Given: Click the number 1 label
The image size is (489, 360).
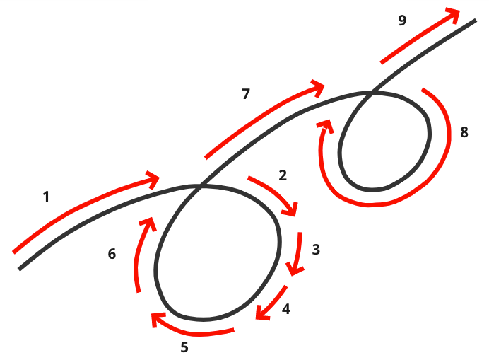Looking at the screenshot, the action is tap(46, 197).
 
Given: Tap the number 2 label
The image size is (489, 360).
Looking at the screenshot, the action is tap(283, 175).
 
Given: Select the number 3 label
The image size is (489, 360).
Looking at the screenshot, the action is tap(316, 249).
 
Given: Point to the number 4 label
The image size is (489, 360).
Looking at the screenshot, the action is tap(285, 309).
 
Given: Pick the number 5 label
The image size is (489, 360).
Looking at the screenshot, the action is tap(184, 347).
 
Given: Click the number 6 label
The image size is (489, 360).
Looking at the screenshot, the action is tap(112, 254).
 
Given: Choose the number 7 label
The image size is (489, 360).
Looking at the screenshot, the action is tap(246, 93).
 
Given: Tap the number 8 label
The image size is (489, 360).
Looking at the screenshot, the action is tap(464, 132).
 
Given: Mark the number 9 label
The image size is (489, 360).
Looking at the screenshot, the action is tap(402, 20).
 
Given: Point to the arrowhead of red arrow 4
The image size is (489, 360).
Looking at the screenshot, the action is tap(261, 313).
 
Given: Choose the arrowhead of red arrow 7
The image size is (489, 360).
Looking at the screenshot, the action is tap(318, 88).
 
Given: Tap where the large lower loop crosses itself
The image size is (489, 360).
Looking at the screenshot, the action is tap(201, 187).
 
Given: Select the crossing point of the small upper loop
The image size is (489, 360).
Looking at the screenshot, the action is tap(370, 93).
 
